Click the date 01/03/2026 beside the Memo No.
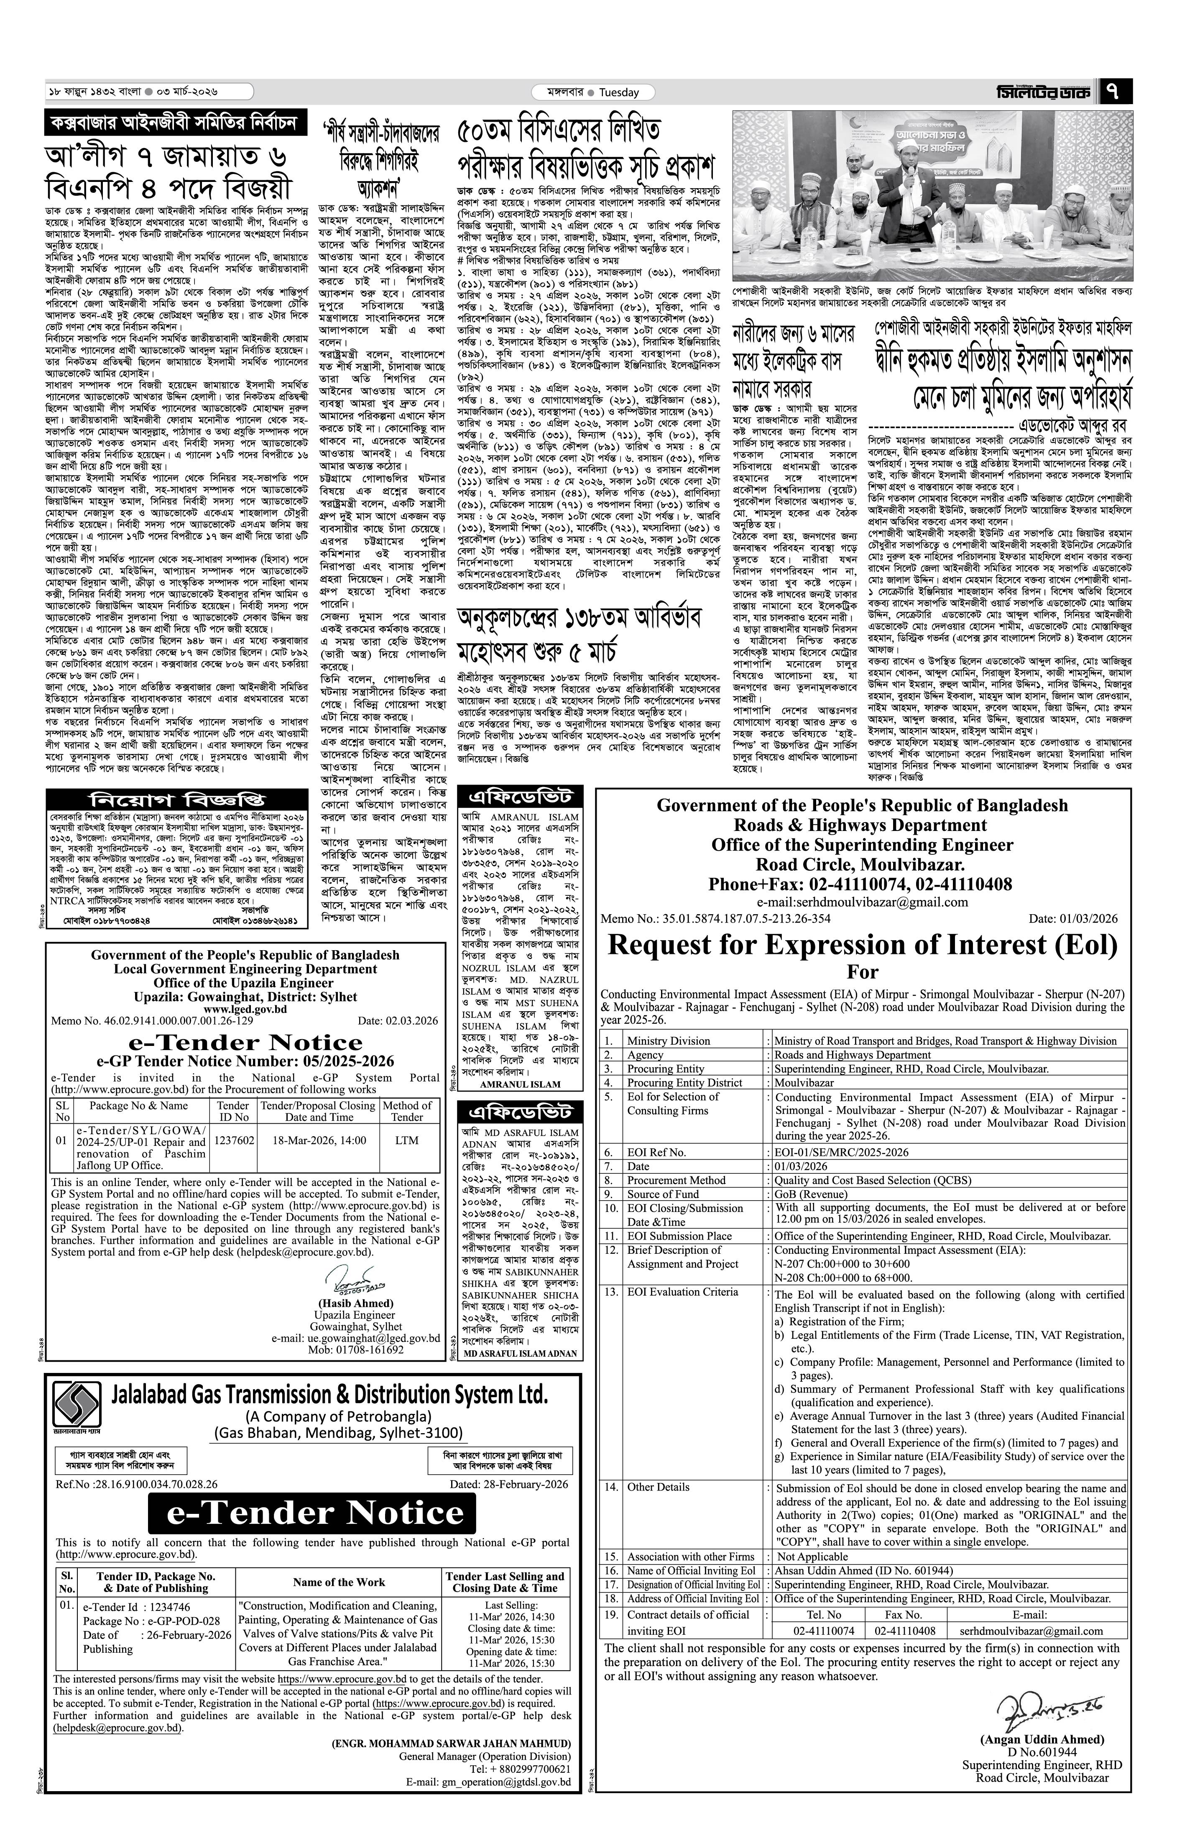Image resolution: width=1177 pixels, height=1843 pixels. point(1073,918)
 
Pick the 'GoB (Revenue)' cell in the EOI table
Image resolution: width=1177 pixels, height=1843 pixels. point(811,1194)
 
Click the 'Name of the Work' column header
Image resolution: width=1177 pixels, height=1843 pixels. point(339,1582)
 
